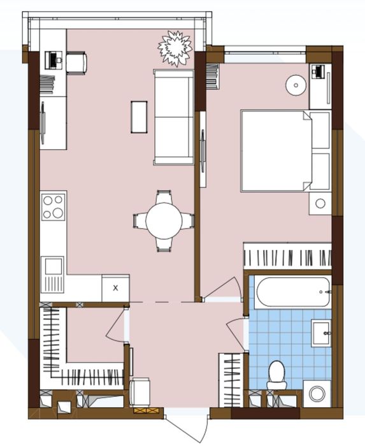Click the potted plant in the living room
point(175,47)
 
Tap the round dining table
point(164,221)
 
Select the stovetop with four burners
point(54,206)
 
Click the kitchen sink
point(52,266)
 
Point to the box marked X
point(115,287)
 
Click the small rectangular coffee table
point(140,117)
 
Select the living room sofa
point(173,117)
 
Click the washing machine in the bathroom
point(317,392)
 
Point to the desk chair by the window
point(77,61)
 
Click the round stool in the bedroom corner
point(295,85)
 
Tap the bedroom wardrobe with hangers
point(288,257)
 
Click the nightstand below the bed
point(320,204)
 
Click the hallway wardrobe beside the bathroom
point(231,379)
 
